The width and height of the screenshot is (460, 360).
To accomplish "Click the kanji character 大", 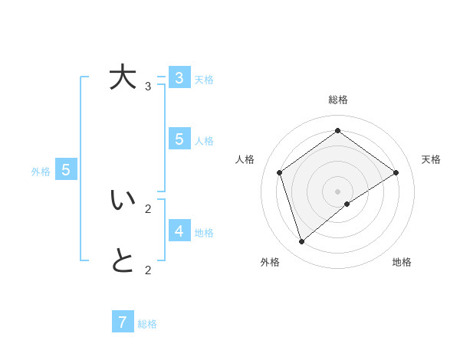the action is [x=123, y=77].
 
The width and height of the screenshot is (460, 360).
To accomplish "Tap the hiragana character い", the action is [x=123, y=200].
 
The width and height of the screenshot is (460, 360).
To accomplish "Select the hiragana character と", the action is [x=123, y=261].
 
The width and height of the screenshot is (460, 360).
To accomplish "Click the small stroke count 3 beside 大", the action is [x=148, y=86].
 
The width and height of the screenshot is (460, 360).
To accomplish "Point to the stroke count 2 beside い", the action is [x=148, y=208].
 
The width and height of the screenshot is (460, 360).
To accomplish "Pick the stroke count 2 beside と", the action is [x=148, y=270].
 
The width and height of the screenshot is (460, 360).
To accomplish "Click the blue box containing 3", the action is [x=179, y=77].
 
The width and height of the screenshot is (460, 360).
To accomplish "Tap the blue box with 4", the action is [x=179, y=231].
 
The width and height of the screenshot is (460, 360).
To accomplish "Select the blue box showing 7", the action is [x=123, y=322].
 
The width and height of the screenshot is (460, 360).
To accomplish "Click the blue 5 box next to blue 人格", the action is [x=179, y=139].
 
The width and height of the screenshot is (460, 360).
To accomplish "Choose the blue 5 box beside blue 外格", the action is [x=66, y=169].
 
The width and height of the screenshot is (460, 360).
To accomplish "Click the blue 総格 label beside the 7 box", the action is [x=147, y=324].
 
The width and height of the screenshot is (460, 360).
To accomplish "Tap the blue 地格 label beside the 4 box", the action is [x=204, y=233].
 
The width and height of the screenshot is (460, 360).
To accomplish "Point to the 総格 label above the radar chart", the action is [x=338, y=100].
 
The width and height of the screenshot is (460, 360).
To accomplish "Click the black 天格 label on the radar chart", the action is [x=431, y=159].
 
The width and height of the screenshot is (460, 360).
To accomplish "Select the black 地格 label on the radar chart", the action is [x=402, y=262].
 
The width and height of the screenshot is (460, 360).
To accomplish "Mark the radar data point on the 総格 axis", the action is [x=337, y=130].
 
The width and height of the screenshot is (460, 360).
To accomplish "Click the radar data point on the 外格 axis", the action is [x=302, y=241].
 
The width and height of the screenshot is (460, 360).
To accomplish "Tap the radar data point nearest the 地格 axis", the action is [x=347, y=204].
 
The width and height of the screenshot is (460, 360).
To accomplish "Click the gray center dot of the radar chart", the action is [x=337, y=191].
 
